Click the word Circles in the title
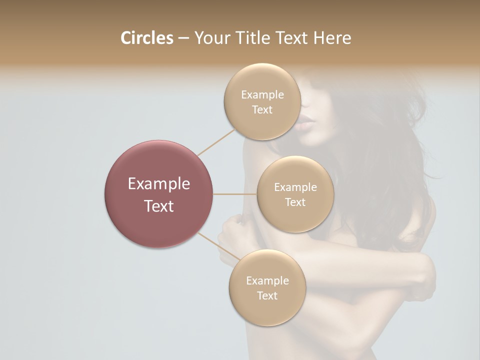pyautogui.click(x=147, y=38)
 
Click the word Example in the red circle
pyautogui.click(x=159, y=184)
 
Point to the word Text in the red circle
pyautogui.click(x=159, y=205)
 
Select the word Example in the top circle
pyautogui.click(x=262, y=95)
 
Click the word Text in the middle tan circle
pyautogui.click(x=295, y=202)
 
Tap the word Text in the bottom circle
pyautogui.click(x=267, y=295)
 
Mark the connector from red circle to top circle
pyautogui.click(x=216, y=142)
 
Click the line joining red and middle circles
pyautogui.click(x=235, y=194)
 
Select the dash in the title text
pyautogui.click(x=183, y=38)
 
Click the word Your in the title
pyautogui.click(x=210, y=38)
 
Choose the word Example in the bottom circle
pyautogui.click(x=267, y=280)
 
